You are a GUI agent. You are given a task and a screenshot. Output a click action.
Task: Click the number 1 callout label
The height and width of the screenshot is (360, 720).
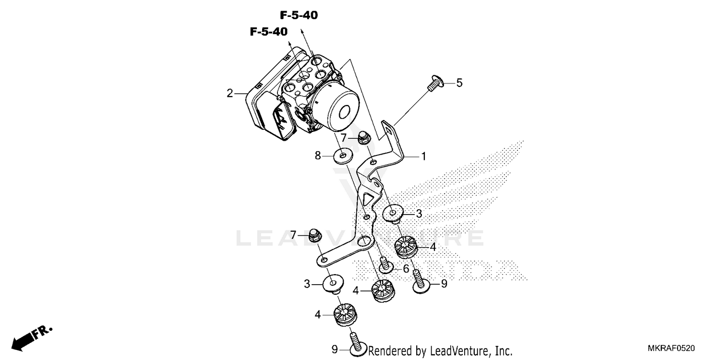(x=423, y=156)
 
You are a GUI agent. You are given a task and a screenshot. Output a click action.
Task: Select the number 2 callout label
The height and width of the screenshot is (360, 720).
(x=230, y=93)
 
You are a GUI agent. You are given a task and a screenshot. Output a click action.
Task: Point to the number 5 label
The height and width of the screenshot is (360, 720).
(x=459, y=83)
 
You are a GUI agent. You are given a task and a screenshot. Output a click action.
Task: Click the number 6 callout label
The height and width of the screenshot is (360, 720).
(x=406, y=269)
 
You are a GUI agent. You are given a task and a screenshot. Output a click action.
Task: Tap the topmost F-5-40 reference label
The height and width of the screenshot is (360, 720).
(x=299, y=15)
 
